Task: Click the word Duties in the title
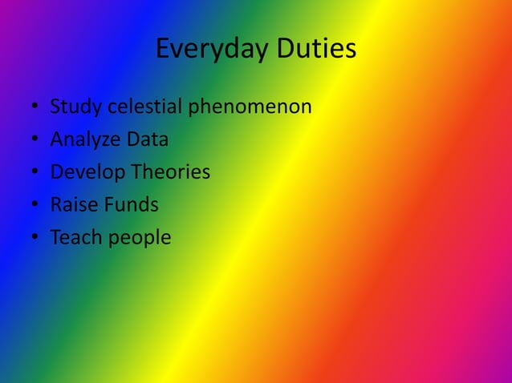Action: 316,49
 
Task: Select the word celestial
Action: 144,107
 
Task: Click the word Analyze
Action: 84,140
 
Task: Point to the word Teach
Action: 74,238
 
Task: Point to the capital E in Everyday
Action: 162,49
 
